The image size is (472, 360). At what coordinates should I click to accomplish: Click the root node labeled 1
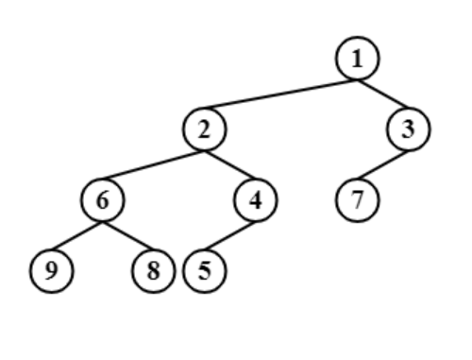click(x=357, y=59)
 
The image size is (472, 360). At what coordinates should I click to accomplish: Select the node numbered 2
click(x=205, y=129)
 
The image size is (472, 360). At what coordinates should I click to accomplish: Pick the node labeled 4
click(x=255, y=200)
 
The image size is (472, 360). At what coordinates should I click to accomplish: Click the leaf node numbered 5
click(x=205, y=271)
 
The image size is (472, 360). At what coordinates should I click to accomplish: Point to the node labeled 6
click(x=103, y=200)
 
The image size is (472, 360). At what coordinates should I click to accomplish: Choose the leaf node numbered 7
click(x=358, y=200)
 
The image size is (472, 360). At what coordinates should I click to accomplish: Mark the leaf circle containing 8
click(x=154, y=271)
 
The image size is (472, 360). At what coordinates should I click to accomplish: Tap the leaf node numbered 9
click(x=52, y=271)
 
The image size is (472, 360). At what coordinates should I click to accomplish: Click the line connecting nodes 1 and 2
click(x=281, y=94)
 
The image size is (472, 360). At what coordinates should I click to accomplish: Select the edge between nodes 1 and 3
click(x=383, y=94)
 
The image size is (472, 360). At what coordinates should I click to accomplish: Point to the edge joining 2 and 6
click(x=154, y=165)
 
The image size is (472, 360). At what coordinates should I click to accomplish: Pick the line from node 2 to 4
click(x=230, y=165)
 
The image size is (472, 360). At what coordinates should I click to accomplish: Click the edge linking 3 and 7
click(x=383, y=165)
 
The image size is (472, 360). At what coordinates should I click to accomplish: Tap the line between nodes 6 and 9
click(x=77, y=236)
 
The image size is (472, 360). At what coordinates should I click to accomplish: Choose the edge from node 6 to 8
click(x=128, y=236)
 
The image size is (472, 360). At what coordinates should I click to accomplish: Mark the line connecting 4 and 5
click(x=230, y=236)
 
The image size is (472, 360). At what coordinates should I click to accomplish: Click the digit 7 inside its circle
click(x=358, y=200)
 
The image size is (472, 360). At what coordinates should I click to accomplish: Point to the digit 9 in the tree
click(x=52, y=271)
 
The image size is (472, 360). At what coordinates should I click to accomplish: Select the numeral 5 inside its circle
click(x=205, y=271)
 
